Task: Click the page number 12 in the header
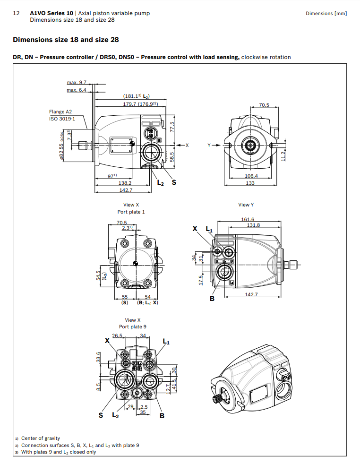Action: pyautogui.click(x=16, y=13)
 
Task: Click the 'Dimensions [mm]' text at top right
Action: pyautogui.click(x=326, y=13)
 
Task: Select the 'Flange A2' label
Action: pyautogui.click(x=60, y=112)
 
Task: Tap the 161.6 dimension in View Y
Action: pyautogui.click(x=248, y=219)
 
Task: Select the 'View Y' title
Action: pyautogui.click(x=246, y=205)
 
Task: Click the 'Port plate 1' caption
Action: pyautogui.click(x=132, y=212)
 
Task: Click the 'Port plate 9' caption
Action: pyautogui.click(x=133, y=327)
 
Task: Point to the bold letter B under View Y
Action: pyautogui.click(x=212, y=299)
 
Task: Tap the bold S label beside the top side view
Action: pyautogui.click(x=174, y=182)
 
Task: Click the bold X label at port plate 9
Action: pyautogui.click(x=107, y=340)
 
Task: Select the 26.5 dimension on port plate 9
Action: pyautogui.click(x=117, y=335)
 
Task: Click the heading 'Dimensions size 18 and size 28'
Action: pyautogui.click(x=66, y=40)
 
